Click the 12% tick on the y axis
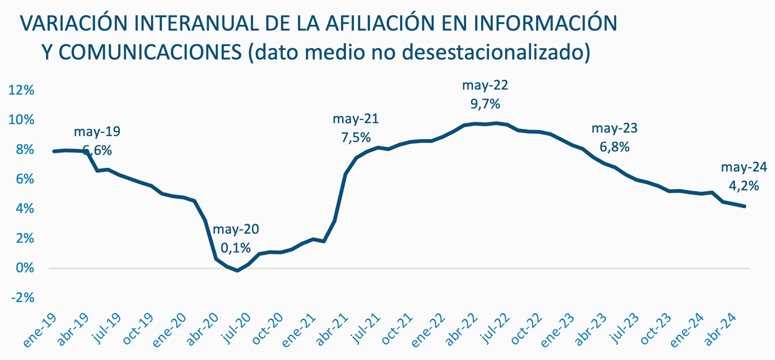(x=21, y=90)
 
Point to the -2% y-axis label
(x=21, y=298)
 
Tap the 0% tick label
(x=25, y=269)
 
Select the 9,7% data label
(x=485, y=104)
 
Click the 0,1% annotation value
(x=236, y=248)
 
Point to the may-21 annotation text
(x=356, y=119)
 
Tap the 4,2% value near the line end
(x=744, y=186)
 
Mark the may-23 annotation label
(x=614, y=128)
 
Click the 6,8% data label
(x=615, y=147)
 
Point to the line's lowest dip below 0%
(x=238, y=270)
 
